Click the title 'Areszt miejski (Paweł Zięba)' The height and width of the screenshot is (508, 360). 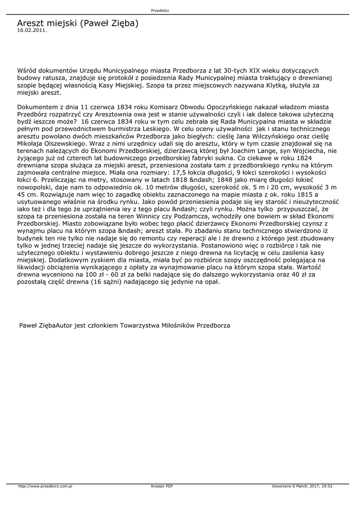[x=77, y=23]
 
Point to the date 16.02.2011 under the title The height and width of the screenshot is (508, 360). [x=32, y=30]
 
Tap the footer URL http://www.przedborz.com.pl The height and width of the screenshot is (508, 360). [x=45, y=486]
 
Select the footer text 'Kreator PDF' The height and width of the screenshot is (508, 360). [x=162, y=486]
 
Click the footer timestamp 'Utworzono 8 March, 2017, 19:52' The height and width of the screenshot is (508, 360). [x=302, y=486]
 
